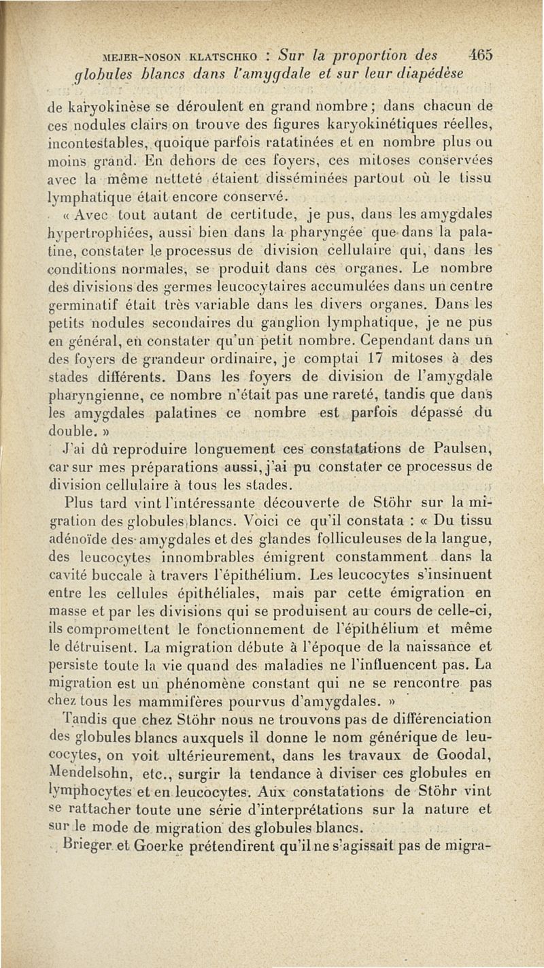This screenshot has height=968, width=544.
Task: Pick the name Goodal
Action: (x=483, y=760)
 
